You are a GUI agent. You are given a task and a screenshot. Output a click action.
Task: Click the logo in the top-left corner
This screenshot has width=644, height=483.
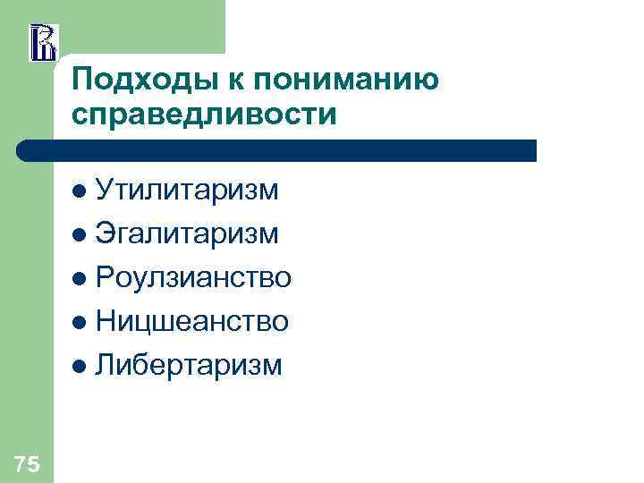43,42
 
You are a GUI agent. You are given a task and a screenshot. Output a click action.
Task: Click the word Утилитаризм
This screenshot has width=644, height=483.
187,190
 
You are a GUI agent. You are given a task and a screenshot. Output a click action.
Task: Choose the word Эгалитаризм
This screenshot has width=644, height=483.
187,233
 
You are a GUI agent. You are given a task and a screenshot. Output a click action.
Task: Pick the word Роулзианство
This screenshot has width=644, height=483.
193,277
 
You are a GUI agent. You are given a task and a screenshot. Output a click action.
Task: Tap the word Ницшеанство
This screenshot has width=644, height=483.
191,321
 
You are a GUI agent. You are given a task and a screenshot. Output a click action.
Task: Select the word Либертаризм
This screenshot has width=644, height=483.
189,365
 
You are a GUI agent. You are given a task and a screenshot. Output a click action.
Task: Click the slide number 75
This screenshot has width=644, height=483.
27,463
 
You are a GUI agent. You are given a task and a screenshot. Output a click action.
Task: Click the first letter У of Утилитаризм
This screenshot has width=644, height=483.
104,190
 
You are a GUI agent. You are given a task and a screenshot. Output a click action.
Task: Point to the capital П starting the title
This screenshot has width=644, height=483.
82,80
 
